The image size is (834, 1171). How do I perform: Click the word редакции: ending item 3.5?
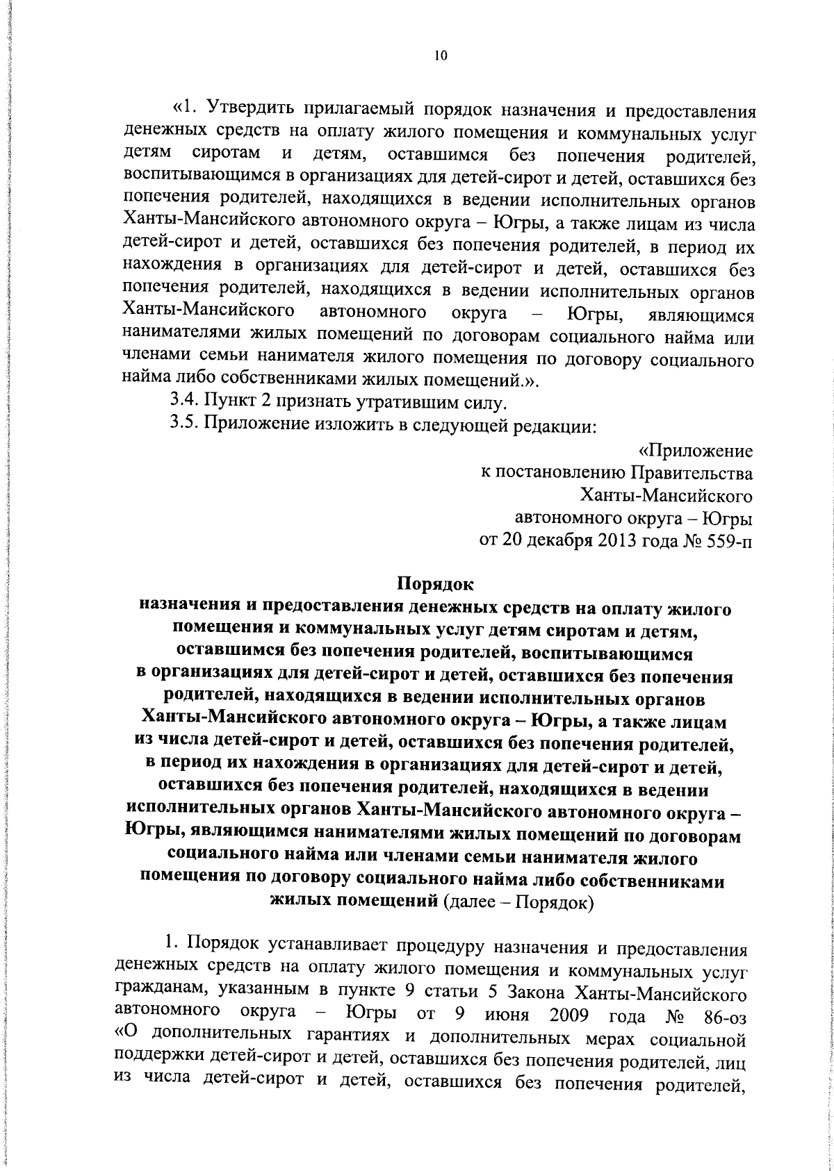[559, 426]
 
